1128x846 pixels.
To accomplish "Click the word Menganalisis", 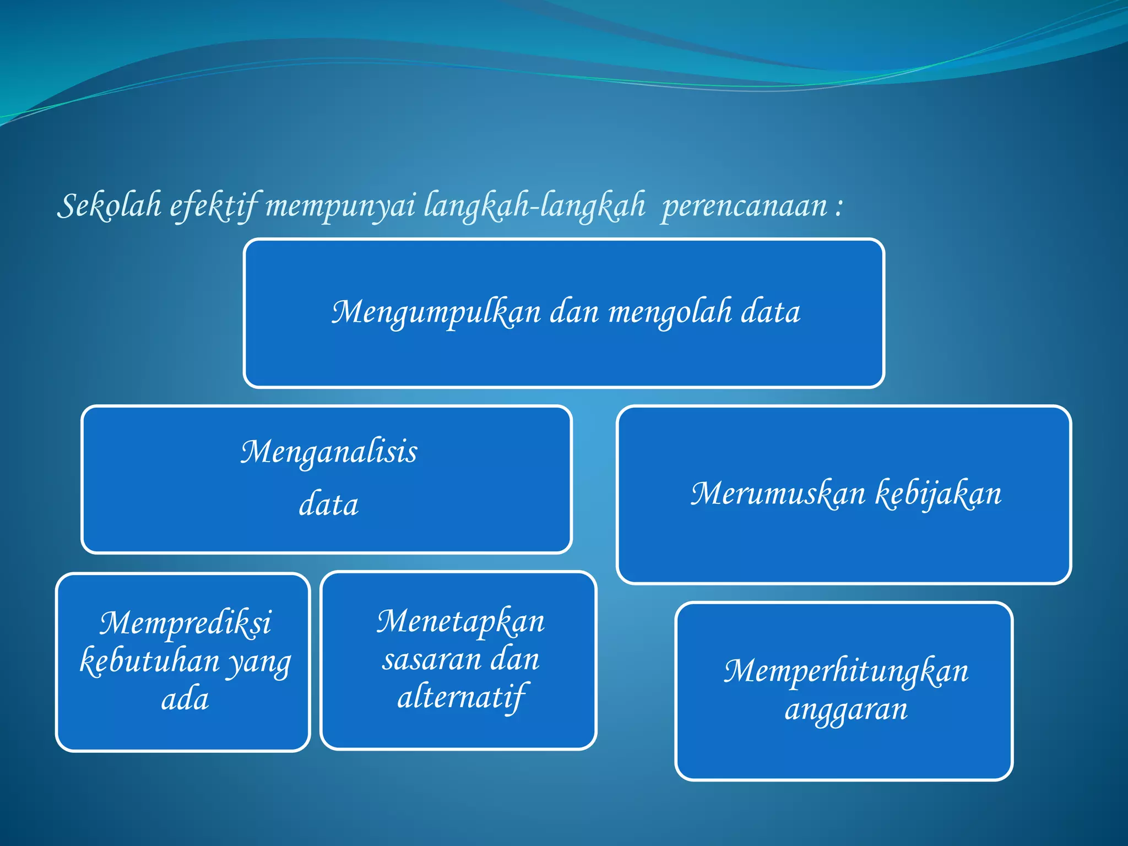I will pos(329,452).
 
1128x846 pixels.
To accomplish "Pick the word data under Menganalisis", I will pos(329,505).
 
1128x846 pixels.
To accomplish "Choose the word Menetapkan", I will pos(460,622).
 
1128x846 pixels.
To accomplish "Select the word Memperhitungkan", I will pos(846,671).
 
